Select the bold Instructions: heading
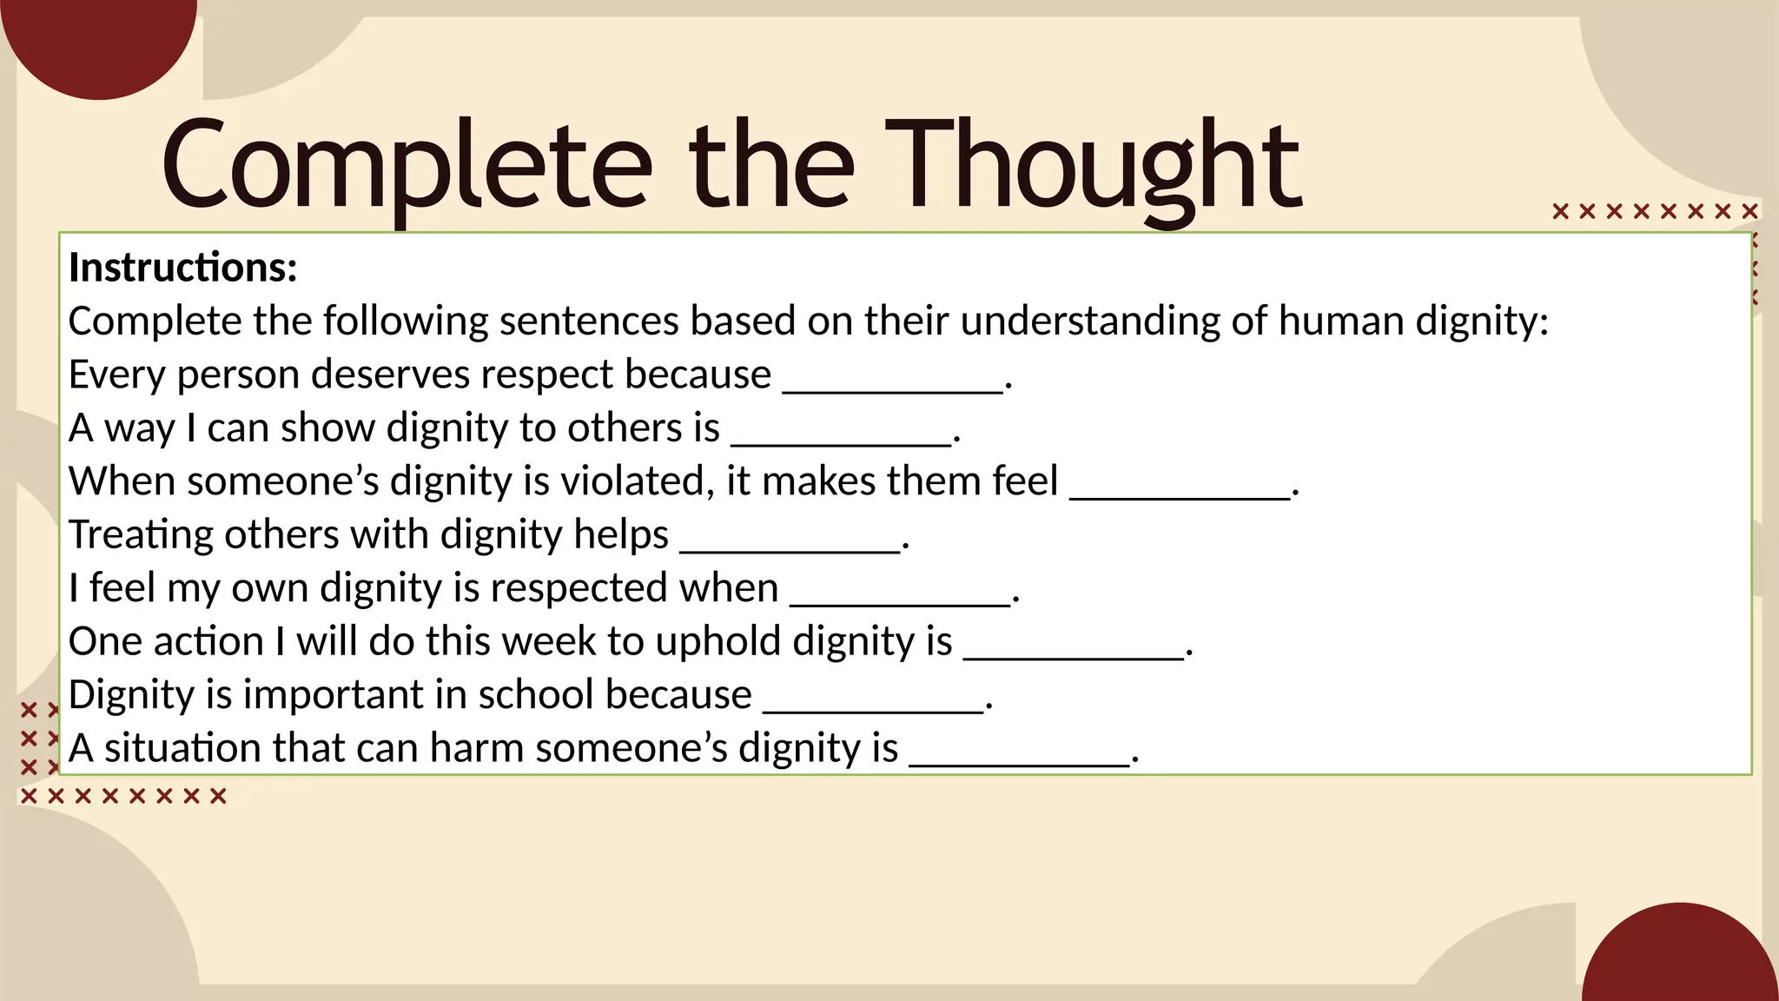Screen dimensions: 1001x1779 click(183, 268)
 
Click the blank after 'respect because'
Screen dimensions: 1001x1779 click(893, 382)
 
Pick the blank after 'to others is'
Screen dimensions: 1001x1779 click(841, 435)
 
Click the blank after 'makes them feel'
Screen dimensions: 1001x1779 click(1180, 489)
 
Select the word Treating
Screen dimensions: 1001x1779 click(140, 534)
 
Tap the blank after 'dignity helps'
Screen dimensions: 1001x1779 click(790, 542)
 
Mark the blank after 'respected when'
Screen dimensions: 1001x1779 click(900, 596)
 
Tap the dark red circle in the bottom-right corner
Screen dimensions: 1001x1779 click(1681, 960)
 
